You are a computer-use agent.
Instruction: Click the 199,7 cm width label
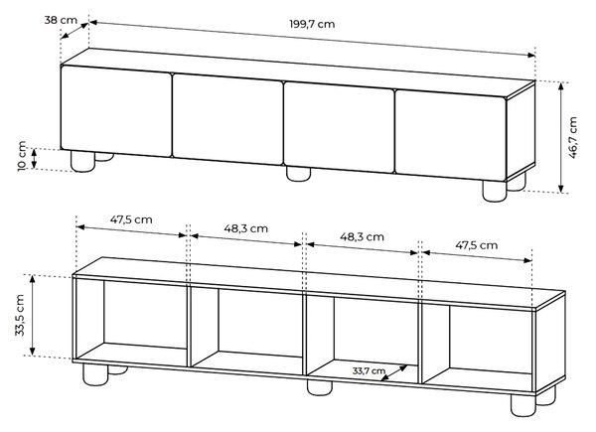coord(312,24)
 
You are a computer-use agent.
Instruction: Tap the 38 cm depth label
coord(61,20)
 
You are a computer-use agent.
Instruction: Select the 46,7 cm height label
coord(573,137)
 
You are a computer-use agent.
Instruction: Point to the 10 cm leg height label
coord(22,156)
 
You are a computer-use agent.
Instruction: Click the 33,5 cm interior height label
coord(20,315)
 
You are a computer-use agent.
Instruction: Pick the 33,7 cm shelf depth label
coord(369,370)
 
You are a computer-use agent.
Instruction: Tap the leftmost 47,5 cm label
coord(131,219)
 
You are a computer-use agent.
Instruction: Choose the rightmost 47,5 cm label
coord(476,245)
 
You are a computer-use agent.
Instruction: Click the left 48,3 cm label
coord(245,228)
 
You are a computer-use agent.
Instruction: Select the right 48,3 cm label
coord(362,237)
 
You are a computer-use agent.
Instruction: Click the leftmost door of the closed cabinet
coord(116,111)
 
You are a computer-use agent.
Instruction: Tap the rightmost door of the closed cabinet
coord(451,135)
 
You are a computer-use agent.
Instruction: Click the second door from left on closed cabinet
coord(228,119)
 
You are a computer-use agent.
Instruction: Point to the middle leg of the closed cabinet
coord(298,174)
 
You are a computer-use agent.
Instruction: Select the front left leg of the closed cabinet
coord(82,162)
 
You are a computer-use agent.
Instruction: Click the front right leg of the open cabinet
coord(523,405)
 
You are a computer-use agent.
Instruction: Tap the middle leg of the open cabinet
coord(320,388)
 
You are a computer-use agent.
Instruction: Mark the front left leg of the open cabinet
coord(95,375)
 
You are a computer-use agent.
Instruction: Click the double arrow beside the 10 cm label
coord(34,159)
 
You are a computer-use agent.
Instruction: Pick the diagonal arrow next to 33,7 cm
coord(393,373)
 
